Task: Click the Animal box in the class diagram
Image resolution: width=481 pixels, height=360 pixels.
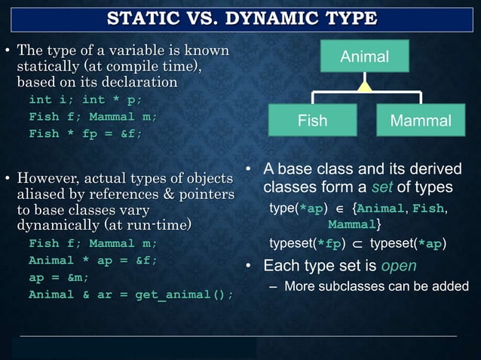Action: tap(365, 56)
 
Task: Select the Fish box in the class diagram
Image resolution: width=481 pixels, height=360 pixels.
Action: tap(312, 121)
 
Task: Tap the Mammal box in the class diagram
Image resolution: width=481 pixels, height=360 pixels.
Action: tap(421, 121)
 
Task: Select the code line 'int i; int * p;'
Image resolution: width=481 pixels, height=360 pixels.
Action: tap(84, 99)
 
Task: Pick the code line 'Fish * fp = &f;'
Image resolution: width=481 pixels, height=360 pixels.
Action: tap(84, 133)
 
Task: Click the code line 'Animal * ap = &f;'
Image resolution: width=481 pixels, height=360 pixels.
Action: tap(93, 261)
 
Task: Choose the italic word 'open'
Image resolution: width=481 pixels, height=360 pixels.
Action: tap(398, 266)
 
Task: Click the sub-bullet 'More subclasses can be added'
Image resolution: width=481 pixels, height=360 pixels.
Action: tap(375, 285)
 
